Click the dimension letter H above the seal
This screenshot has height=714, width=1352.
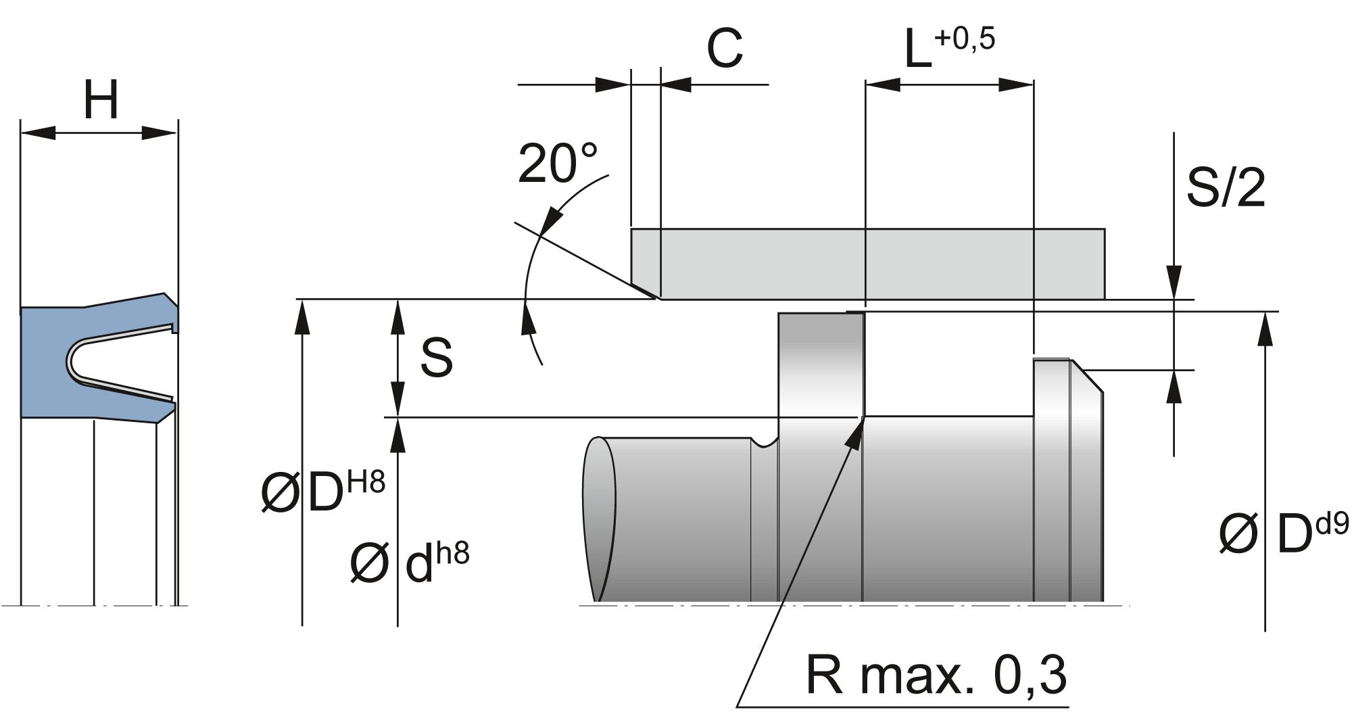tap(101, 101)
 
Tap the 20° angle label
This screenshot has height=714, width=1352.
tap(557, 164)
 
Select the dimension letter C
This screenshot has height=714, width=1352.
tap(724, 49)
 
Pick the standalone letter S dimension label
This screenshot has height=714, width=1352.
tap(436, 358)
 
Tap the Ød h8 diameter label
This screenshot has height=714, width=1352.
tap(410, 563)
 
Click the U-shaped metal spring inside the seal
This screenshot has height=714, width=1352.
tap(74, 361)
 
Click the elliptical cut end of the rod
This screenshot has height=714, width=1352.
tap(600, 519)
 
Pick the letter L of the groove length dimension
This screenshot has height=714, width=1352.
tap(917, 51)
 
